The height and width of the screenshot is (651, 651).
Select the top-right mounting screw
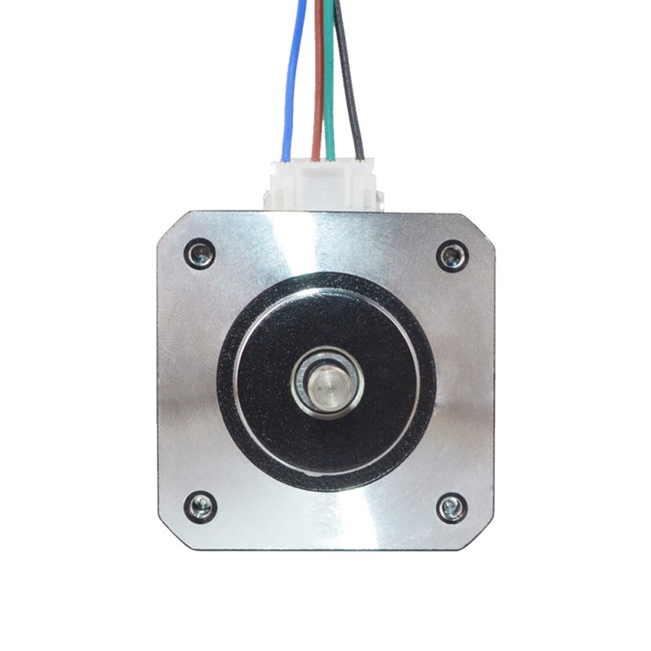click(x=452, y=256)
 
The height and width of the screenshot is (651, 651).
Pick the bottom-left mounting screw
click(x=199, y=507)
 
